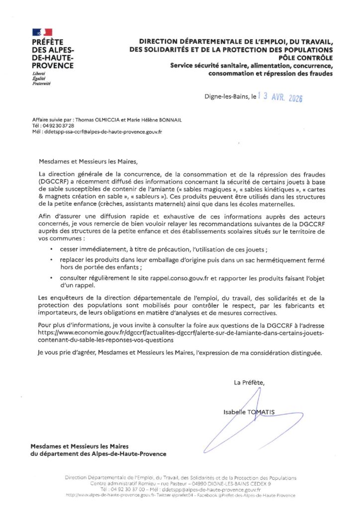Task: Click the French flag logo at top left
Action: point(42,32)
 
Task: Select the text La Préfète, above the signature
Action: point(249,382)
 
